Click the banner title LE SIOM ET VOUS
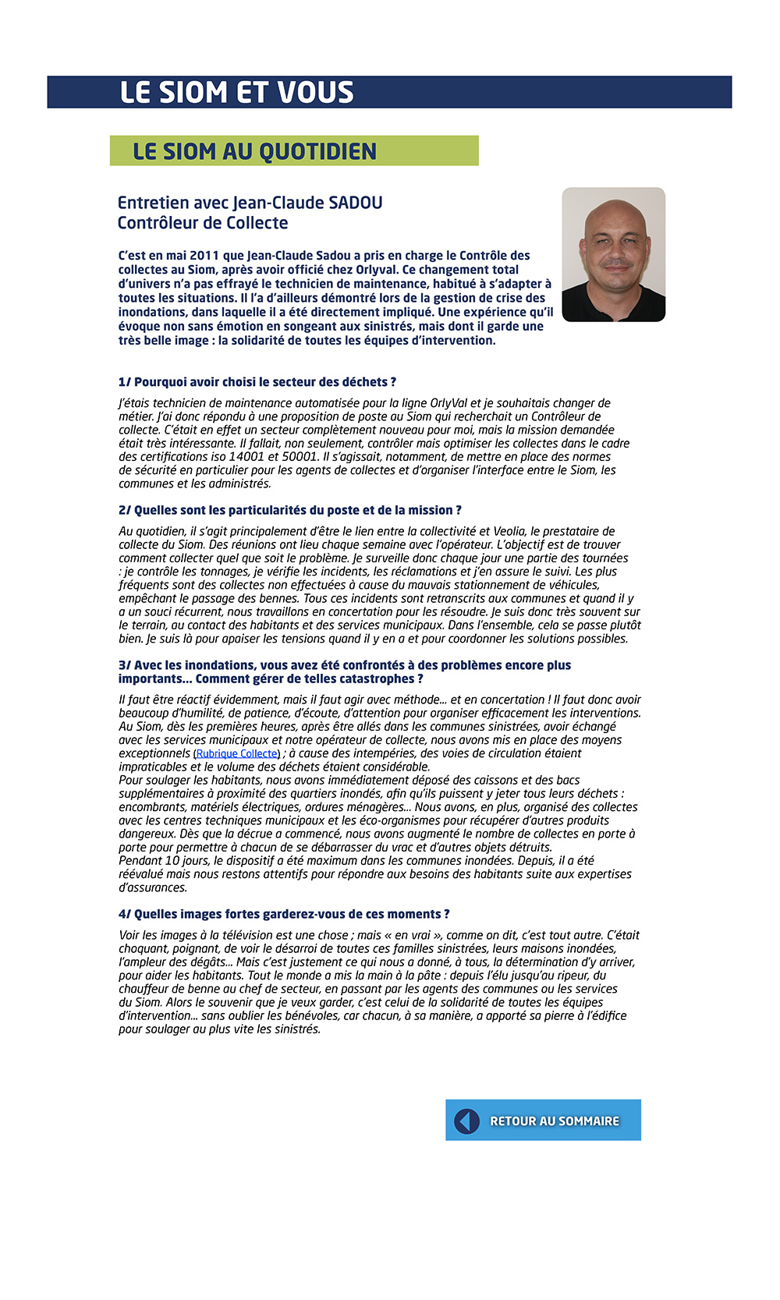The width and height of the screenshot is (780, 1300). pos(236,92)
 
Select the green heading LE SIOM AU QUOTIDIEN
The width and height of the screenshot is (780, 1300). pos(254,151)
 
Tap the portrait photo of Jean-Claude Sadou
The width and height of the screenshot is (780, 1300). pos(613,254)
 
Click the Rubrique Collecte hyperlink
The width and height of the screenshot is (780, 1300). pos(237,754)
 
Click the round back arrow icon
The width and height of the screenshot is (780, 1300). pos(466,1121)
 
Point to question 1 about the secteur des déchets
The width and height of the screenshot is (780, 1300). pos(257,382)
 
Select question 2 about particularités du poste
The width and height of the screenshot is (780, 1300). pos(290,510)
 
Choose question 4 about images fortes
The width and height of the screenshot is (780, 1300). pos(284,914)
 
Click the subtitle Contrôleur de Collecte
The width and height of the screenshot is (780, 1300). pos(203,223)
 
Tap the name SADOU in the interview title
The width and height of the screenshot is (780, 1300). pos(356,203)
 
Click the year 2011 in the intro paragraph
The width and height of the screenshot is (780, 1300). pos(204,256)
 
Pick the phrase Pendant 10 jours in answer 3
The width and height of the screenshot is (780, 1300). pos(164,861)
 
